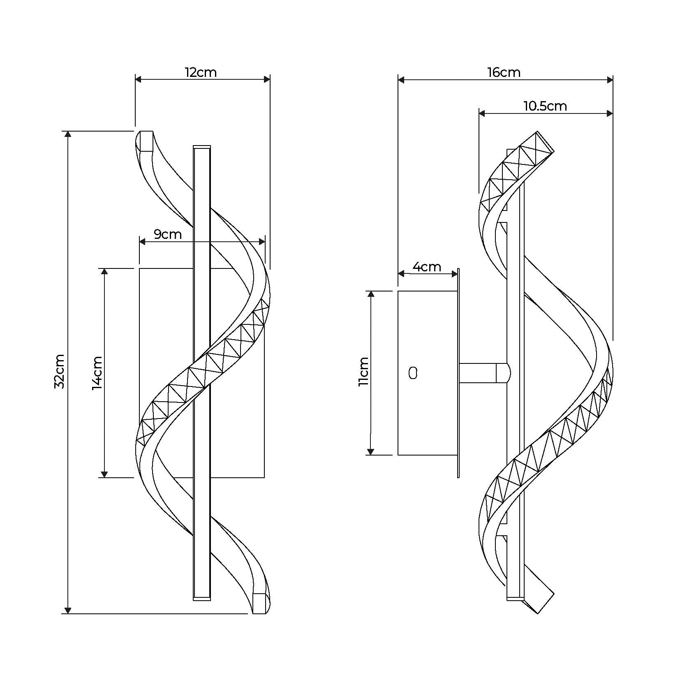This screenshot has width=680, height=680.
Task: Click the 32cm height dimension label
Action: click(60, 371)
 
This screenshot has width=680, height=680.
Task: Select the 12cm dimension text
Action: click(201, 73)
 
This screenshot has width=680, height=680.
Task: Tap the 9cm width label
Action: click(168, 234)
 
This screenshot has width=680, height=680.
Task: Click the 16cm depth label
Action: click(504, 73)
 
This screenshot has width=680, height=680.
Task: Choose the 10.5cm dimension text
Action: click(545, 106)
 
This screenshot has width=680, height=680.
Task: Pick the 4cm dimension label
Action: click(427, 267)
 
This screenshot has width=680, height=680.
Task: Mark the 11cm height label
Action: click(363, 371)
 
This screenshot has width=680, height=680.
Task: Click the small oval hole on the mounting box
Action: click(413, 373)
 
